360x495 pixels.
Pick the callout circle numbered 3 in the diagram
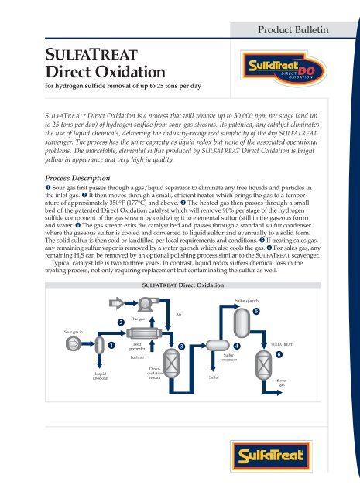(180, 346)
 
